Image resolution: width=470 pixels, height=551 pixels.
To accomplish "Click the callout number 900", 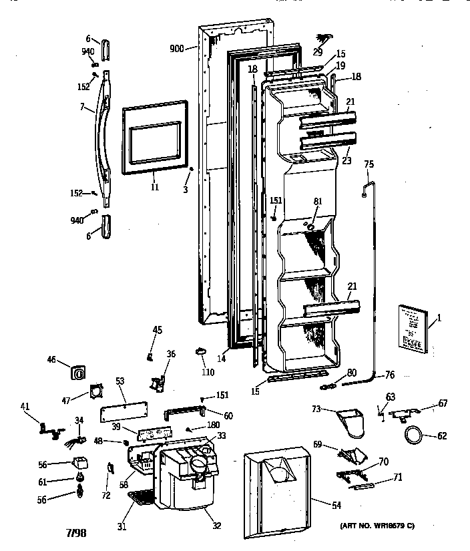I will (x=176, y=49).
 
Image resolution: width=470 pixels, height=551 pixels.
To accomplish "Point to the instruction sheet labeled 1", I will (x=413, y=328).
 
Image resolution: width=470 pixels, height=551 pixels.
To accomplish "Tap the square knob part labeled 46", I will (x=79, y=372).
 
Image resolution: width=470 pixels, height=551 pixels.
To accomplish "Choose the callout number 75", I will (x=369, y=164).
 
